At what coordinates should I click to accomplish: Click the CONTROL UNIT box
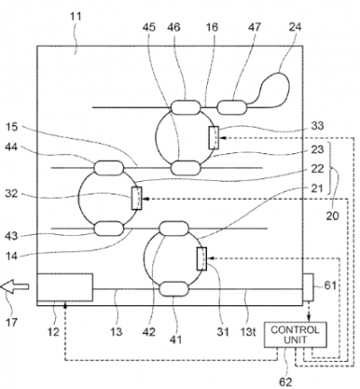[x=295, y=335]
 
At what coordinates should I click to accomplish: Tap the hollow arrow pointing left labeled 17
[x=14, y=286]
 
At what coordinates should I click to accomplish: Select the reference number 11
[x=76, y=16]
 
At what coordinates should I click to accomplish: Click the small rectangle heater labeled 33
[x=213, y=138]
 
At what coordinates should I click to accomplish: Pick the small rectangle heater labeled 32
[x=137, y=198]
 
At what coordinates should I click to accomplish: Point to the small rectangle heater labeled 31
[x=202, y=258]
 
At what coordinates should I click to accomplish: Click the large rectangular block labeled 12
[x=65, y=287]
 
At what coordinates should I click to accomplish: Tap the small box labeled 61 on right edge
[x=308, y=287]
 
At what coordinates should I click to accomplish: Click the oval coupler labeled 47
[x=232, y=107]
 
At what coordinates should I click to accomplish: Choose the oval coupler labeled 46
[x=185, y=107]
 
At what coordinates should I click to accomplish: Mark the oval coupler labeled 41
[x=174, y=289]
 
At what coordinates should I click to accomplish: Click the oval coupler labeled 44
[x=109, y=167]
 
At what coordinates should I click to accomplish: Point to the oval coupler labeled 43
[x=109, y=229]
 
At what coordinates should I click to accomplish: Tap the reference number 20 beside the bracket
[x=332, y=215]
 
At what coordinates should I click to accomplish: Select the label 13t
[x=247, y=331]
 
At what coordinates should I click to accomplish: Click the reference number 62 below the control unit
[x=285, y=382]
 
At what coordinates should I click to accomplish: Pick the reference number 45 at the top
[x=149, y=27]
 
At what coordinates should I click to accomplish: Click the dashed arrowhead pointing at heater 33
[x=222, y=138]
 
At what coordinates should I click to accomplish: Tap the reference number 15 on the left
[x=12, y=127]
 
